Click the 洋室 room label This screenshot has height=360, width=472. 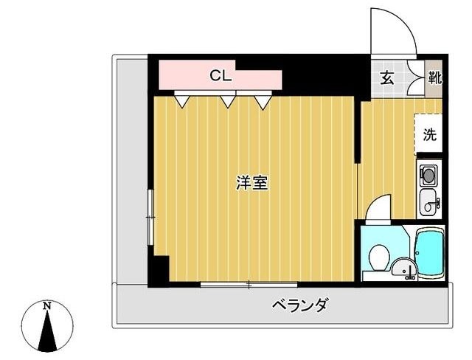(x=251, y=184)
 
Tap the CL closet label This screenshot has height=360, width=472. (x=221, y=75)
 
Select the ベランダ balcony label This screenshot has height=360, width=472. (x=299, y=304)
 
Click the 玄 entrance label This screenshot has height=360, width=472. (x=386, y=77)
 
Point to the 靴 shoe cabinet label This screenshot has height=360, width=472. (x=434, y=77)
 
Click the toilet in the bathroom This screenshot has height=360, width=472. (x=378, y=257)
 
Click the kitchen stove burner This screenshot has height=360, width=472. (x=428, y=176)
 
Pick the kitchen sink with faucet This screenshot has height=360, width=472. (x=428, y=201)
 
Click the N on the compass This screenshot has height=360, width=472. (x=46, y=305)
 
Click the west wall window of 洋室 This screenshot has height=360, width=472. (x=150, y=216)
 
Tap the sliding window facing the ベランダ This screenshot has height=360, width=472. (x=249, y=284)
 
